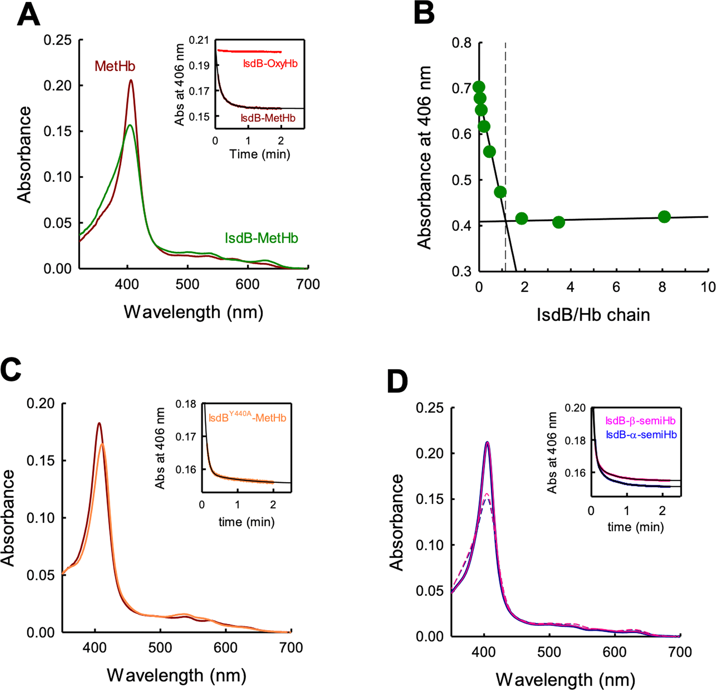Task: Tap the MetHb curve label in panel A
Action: point(115,66)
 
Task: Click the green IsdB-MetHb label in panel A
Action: point(261,238)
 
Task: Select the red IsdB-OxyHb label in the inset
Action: point(270,64)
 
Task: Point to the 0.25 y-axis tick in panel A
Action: point(58,40)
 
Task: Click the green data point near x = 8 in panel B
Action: point(664,217)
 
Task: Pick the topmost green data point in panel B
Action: point(479,88)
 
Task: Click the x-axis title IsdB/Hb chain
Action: point(593,315)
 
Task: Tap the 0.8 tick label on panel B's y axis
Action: point(462,43)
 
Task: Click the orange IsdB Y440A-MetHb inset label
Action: point(247,418)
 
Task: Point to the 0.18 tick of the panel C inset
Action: point(186,404)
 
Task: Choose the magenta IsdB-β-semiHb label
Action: point(640,421)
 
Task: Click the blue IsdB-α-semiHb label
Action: point(641,435)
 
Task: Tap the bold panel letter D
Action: point(397,381)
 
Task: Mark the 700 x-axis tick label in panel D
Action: point(680,652)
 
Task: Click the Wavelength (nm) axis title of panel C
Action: point(177,675)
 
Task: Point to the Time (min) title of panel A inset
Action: point(259,154)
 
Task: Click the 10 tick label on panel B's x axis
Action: point(708,287)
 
